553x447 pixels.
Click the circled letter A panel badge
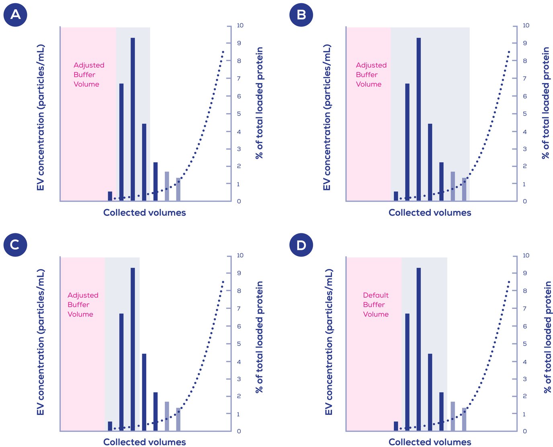(x=15, y=15)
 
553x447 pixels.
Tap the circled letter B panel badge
(x=301, y=15)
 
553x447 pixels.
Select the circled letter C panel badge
(x=15, y=245)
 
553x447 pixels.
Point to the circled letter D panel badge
(x=301, y=245)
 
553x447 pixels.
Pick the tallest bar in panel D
(x=418, y=349)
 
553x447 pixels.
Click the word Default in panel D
(x=376, y=295)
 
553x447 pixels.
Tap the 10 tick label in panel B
(x=526, y=25)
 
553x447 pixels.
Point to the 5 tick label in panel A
(x=239, y=114)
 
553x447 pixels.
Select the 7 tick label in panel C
(x=239, y=308)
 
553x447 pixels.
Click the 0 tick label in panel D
(x=525, y=431)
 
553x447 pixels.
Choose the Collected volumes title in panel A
(x=144, y=212)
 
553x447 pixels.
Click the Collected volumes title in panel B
(x=430, y=212)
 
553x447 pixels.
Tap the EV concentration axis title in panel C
(x=41, y=342)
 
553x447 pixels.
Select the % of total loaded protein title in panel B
(x=545, y=103)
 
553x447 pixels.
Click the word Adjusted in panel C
(x=83, y=295)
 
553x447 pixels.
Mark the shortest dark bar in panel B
(x=395, y=196)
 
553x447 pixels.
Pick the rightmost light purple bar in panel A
(x=178, y=189)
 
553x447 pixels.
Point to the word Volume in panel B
(x=369, y=84)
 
